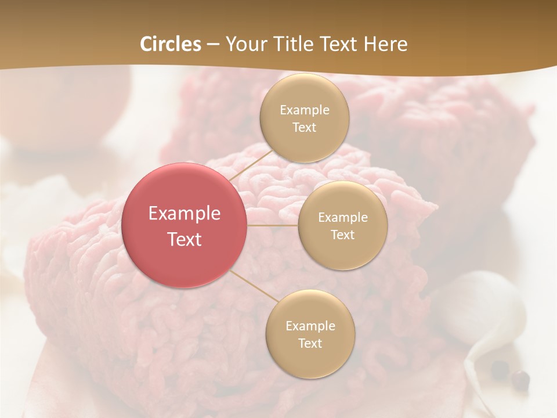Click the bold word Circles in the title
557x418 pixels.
[x=171, y=44]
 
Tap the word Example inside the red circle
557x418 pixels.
[x=185, y=214]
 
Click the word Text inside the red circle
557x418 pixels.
[x=185, y=239]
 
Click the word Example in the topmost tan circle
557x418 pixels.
[x=304, y=110]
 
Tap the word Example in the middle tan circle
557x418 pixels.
[x=342, y=217]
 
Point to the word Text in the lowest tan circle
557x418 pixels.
[x=310, y=343]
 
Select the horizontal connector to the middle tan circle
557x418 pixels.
[x=272, y=225]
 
